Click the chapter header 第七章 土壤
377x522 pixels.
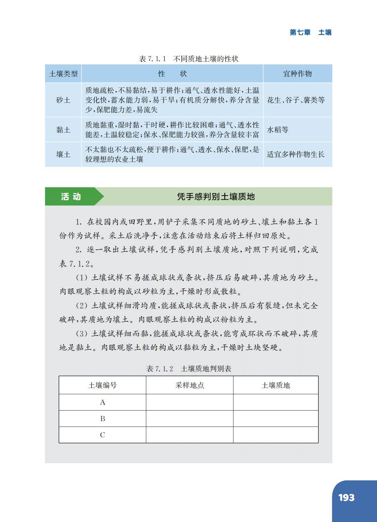point(310,33)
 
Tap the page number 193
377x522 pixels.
point(346,497)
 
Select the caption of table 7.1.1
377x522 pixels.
point(188,59)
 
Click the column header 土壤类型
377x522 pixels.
point(63,74)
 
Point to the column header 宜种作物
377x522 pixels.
point(297,74)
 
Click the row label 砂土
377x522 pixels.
point(63,100)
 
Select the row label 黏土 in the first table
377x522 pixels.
point(63,130)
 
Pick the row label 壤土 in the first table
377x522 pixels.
point(63,154)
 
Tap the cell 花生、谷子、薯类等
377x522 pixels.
point(296,100)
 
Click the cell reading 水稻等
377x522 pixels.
point(278,130)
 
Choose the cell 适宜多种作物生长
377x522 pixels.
point(296,154)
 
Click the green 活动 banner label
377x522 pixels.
point(71,197)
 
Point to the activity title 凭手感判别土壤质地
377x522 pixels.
point(216,197)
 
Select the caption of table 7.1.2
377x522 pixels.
point(188,369)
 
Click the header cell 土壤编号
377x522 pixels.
point(103,385)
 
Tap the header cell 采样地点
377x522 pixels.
point(190,385)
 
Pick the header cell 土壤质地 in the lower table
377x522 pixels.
point(275,385)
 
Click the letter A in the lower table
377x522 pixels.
point(103,402)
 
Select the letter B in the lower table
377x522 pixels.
point(103,418)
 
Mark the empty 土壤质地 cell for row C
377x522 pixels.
point(275,435)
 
